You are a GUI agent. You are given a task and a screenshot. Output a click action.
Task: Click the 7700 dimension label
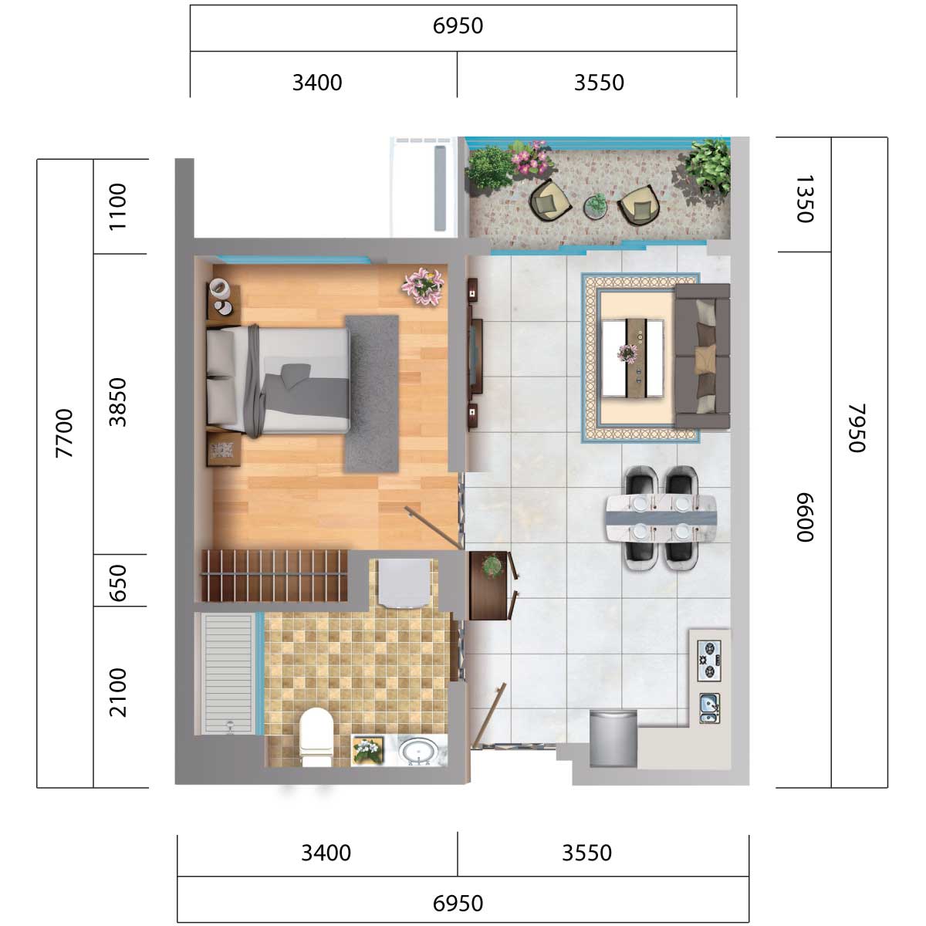point(64,434)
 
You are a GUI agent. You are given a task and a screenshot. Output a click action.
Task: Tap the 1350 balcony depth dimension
point(804,199)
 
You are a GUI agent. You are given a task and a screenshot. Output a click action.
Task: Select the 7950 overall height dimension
point(857,428)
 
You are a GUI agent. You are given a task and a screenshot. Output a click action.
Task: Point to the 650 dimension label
point(118,583)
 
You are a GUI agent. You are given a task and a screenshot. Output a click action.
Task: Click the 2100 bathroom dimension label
point(118,693)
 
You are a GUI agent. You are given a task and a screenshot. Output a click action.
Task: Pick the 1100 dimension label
point(118,207)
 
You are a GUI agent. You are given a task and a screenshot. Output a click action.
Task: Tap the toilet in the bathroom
point(316,738)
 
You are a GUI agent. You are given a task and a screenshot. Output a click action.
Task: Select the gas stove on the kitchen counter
point(709,661)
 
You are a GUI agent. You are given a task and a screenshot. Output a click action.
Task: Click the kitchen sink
point(709,708)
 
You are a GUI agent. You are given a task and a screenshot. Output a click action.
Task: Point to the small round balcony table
point(596,206)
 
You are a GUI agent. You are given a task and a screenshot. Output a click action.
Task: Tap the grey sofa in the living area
point(702,356)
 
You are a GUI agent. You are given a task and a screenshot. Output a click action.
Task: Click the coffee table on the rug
point(633,358)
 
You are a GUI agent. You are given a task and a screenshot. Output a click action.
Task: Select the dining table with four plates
point(661,519)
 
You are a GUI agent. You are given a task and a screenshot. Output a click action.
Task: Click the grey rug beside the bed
point(372,394)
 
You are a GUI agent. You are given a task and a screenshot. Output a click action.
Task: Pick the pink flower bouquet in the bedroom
point(423,287)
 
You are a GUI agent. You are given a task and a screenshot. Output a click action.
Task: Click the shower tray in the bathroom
point(228,673)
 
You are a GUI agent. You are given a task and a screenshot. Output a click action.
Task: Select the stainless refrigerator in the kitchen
point(613,738)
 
